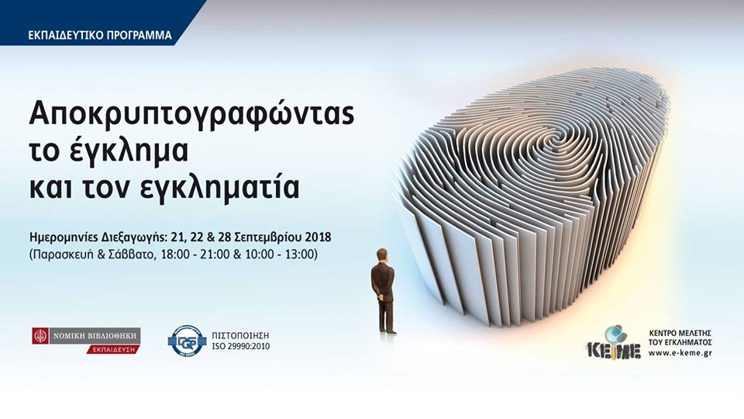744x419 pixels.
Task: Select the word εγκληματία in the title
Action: pyautogui.click(x=219, y=187)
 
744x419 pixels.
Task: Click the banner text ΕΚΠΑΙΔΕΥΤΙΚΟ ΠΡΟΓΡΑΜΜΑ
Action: pyautogui.click(x=100, y=35)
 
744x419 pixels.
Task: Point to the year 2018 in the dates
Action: pyautogui.click(x=319, y=237)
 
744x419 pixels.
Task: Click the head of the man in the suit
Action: pyautogui.click(x=381, y=255)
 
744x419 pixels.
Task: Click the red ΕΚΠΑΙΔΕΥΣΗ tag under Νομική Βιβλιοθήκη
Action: pyautogui.click(x=113, y=349)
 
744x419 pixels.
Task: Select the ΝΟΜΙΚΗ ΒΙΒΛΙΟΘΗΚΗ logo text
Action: pyautogui.click(x=95, y=336)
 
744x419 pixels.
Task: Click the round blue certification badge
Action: pyautogui.click(x=188, y=341)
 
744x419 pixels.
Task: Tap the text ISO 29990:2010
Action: pyautogui.click(x=240, y=346)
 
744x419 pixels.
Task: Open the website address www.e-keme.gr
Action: pyautogui.click(x=680, y=353)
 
